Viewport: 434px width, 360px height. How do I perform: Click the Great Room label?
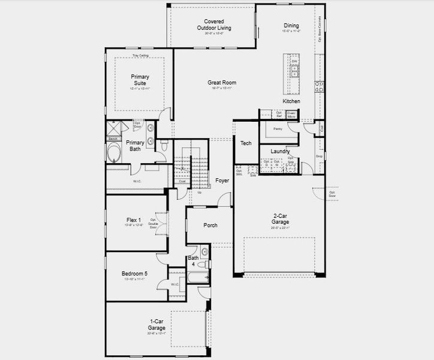(222, 83)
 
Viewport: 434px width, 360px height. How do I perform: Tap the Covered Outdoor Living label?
(214, 25)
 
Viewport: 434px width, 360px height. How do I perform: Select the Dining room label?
(291, 26)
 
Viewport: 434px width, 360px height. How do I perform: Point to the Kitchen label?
(291, 101)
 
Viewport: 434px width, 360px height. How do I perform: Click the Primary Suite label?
(140, 80)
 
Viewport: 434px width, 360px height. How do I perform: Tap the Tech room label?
(246, 143)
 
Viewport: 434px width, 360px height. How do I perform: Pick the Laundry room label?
(280, 152)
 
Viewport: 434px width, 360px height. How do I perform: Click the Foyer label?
(222, 180)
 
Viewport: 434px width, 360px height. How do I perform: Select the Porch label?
(210, 226)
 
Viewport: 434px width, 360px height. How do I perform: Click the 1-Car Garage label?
(157, 325)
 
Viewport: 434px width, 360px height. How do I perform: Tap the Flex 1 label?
(134, 220)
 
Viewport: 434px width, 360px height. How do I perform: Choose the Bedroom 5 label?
(135, 274)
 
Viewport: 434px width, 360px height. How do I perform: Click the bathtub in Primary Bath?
(114, 153)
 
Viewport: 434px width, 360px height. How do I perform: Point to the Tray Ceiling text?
(140, 55)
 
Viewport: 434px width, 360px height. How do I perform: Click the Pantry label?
(278, 128)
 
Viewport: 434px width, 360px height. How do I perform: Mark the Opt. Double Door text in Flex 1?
(153, 223)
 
